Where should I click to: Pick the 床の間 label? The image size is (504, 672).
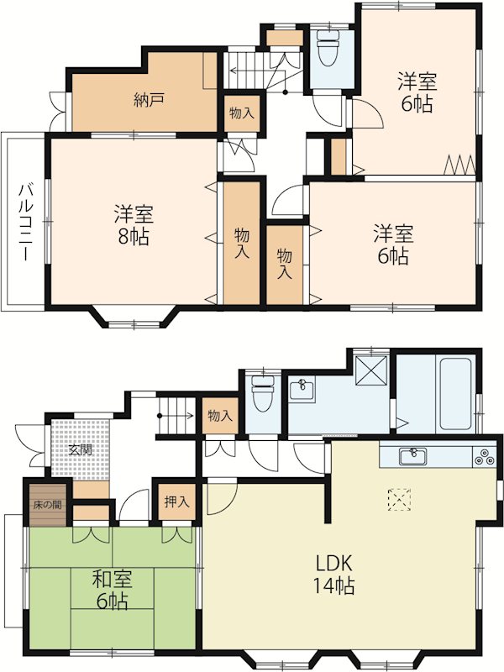47,505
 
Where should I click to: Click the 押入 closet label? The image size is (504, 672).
176,501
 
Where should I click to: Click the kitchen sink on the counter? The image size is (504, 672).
412,456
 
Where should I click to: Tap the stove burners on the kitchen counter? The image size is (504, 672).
485,458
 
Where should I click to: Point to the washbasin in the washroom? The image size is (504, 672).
301,389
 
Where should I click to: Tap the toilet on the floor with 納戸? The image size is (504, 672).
328,49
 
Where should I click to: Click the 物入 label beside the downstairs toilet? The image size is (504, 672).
220,416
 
